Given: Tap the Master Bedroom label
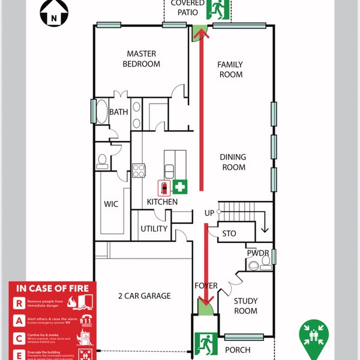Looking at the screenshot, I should pyautogui.click(x=142, y=59).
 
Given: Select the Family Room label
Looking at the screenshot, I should pyautogui.click(x=230, y=69).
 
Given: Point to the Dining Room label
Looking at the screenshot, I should pyautogui.click(x=233, y=162).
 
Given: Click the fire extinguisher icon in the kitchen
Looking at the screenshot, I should pyautogui.click(x=163, y=188).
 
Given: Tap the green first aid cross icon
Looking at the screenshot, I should pyautogui.click(x=180, y=187).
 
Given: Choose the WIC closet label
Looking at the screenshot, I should pyautogui.click(x=111, y=204).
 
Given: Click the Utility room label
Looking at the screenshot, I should pyautogui.click(x=154, y=229).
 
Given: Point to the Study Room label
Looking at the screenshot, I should pyautogui.click(x=245, y=306).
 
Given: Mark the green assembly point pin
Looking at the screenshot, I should pyautogui.click(x=314, y=334).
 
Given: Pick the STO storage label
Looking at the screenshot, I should pyautogui.click(x=229, y=233).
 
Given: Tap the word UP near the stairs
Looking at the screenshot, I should pyautogui.click(x=209, y=214).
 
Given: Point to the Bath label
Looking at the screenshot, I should pyautogui.click(x=119, y=112).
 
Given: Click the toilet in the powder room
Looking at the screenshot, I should pyautogui.click(x=254, y=265).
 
